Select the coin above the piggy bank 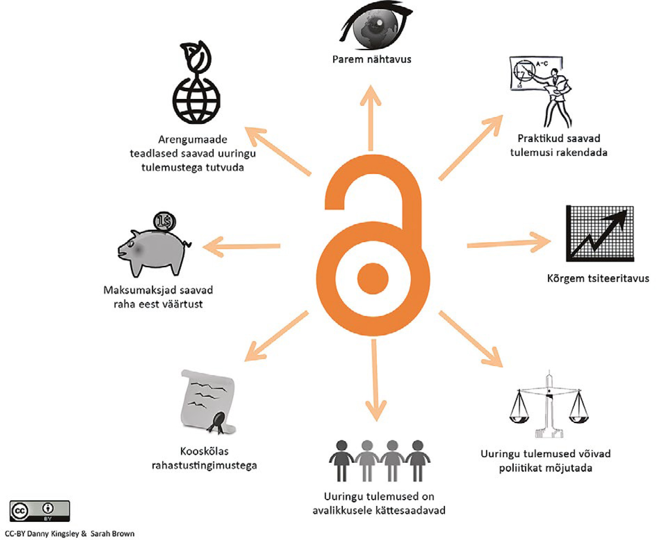point(164,221)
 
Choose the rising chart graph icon point(600,234)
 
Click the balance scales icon point(549,406)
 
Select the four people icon point(380,461)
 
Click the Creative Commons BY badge point(40,511)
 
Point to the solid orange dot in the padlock point(373,278)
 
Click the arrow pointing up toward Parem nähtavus point(371,117)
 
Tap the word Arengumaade point(193,139)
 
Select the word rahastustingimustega point(204,465)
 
